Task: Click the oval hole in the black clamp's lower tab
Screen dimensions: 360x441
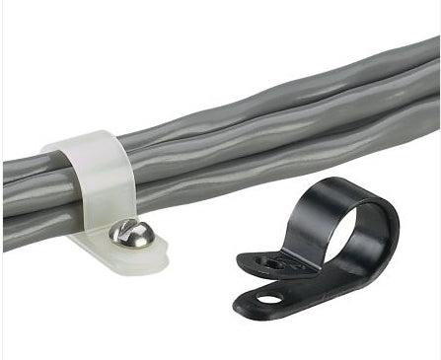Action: [x=268, y=296]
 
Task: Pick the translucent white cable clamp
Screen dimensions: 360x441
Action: [x=109, y=197]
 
